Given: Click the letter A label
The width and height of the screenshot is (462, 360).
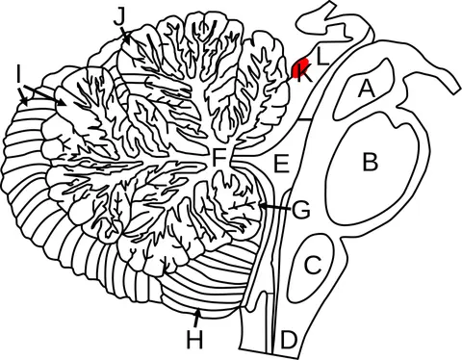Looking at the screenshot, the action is [366, 89].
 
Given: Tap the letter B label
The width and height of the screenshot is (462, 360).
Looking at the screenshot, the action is [371, 162].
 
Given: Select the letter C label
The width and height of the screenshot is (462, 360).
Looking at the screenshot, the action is [313, 265].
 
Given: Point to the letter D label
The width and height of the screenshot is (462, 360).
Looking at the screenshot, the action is [289, 340].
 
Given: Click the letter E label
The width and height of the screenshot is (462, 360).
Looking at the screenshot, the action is [281, 164].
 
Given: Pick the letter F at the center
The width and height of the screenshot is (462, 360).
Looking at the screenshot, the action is [219, 158].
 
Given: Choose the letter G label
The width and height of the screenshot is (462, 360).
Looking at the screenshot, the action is [301, 210].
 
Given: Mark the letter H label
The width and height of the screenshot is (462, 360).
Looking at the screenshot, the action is [194, 340].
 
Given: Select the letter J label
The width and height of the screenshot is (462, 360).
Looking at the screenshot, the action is [119, 16].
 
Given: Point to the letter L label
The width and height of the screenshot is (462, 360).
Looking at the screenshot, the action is [322, 56].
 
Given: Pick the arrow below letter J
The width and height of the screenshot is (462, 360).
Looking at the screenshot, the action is [125, 36].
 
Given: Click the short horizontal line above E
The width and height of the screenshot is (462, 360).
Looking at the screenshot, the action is [304, 120].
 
